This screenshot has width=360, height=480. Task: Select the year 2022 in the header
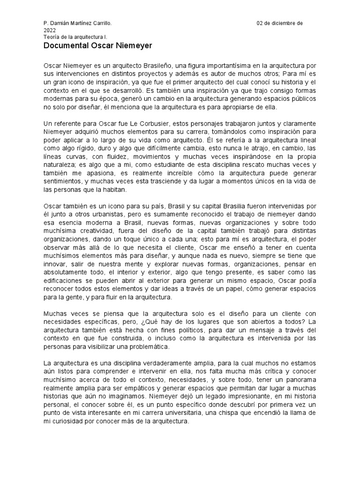[49, 30]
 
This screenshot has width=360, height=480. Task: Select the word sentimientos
[63, 181]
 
